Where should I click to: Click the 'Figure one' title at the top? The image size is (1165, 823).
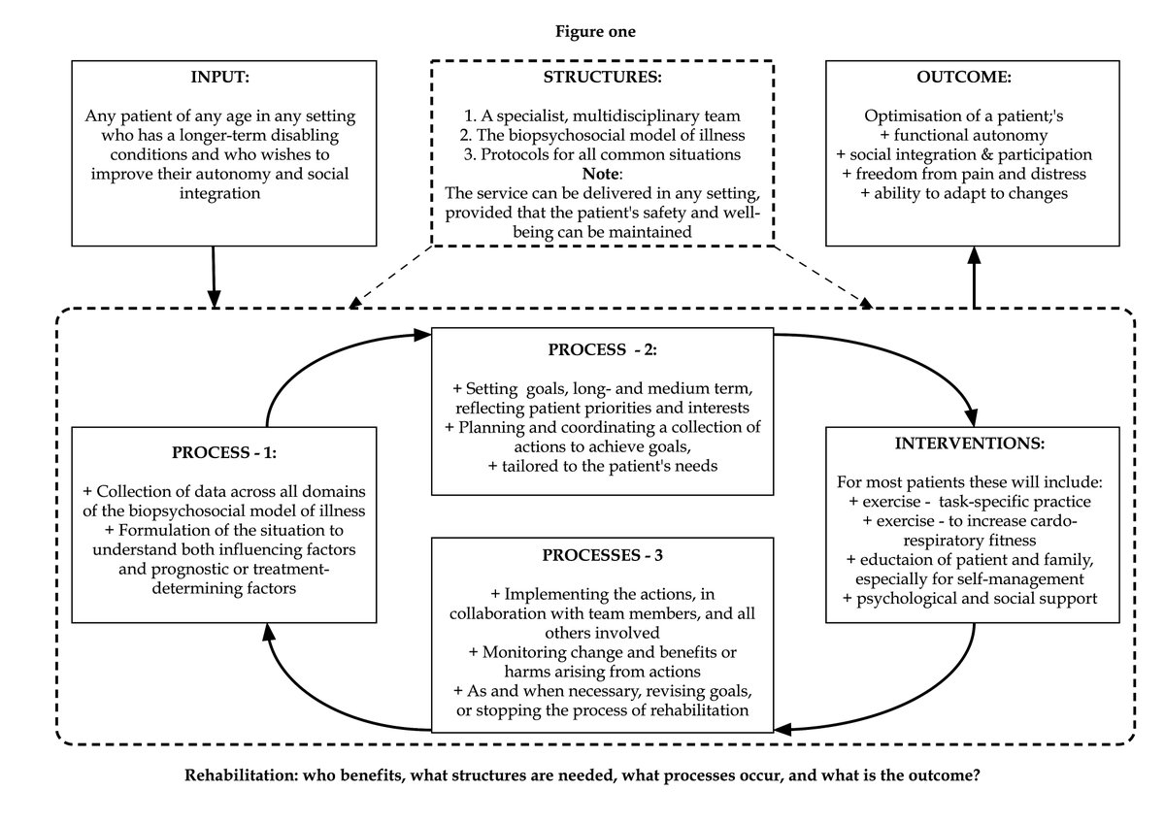tap(595, 32)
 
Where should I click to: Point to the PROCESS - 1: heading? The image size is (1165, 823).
tap(225, 451)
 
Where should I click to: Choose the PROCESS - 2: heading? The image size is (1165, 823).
tap(602, 349)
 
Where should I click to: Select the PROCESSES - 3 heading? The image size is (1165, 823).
tap(602, 557)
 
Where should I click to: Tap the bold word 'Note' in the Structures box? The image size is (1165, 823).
tap(601, 174)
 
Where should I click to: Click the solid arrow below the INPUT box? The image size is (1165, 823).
tap(214, 277)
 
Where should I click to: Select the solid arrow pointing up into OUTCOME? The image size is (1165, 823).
tap(973, 277)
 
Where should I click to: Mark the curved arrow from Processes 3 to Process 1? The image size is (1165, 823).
tap(301, 699)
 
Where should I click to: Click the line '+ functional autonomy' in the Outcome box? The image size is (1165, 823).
tap(975, 136)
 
